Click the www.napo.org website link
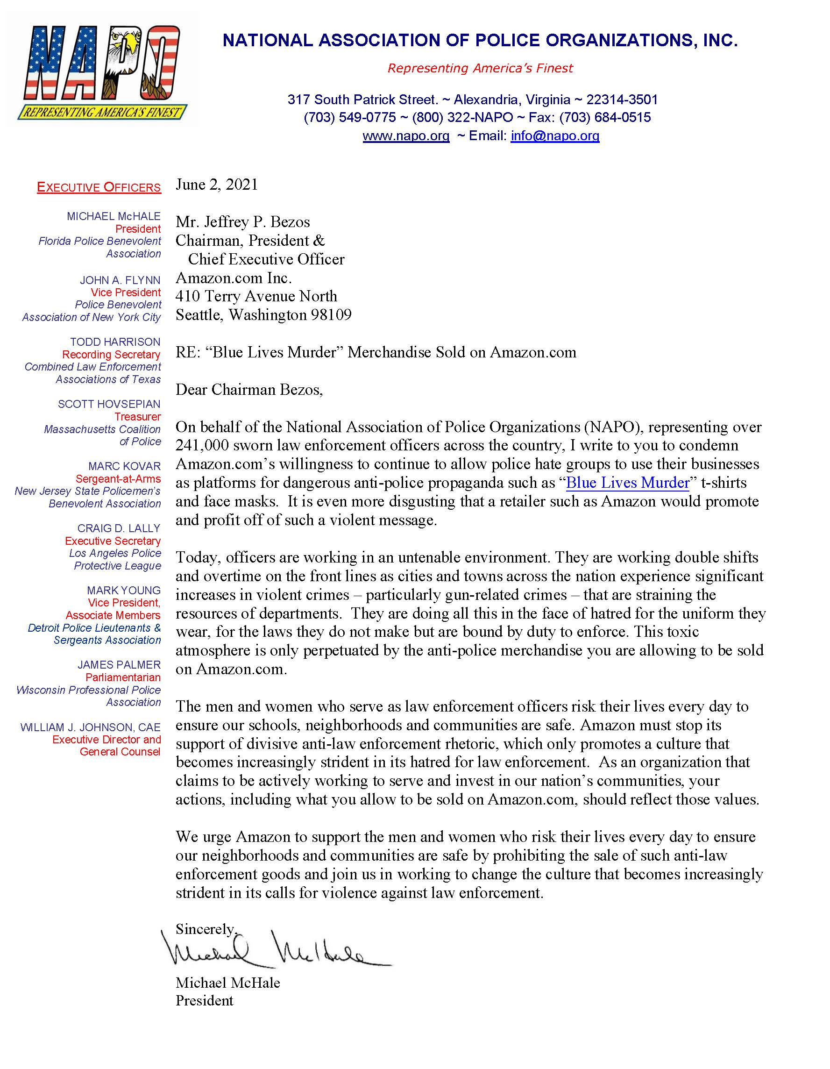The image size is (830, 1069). click(406, 135)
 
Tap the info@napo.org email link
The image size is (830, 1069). click(554, 135)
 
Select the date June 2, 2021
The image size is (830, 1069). click(216, 185)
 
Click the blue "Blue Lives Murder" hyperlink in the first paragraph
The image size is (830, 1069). click(627, 483)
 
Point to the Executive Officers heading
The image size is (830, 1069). click(99, 187)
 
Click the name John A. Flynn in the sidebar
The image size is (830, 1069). click(120, 280)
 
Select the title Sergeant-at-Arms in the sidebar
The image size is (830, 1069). click(118, 479)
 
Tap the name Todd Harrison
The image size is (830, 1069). click(115, 342)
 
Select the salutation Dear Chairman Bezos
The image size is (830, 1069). click(248, 390)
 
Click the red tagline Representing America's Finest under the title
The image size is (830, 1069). click(480, 68)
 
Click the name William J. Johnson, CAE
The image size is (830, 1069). click(91, 727)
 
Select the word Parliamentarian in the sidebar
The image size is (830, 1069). click(123, 677)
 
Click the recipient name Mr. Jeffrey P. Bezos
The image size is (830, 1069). click(243, 222)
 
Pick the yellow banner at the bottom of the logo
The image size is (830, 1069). click(102, 113)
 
